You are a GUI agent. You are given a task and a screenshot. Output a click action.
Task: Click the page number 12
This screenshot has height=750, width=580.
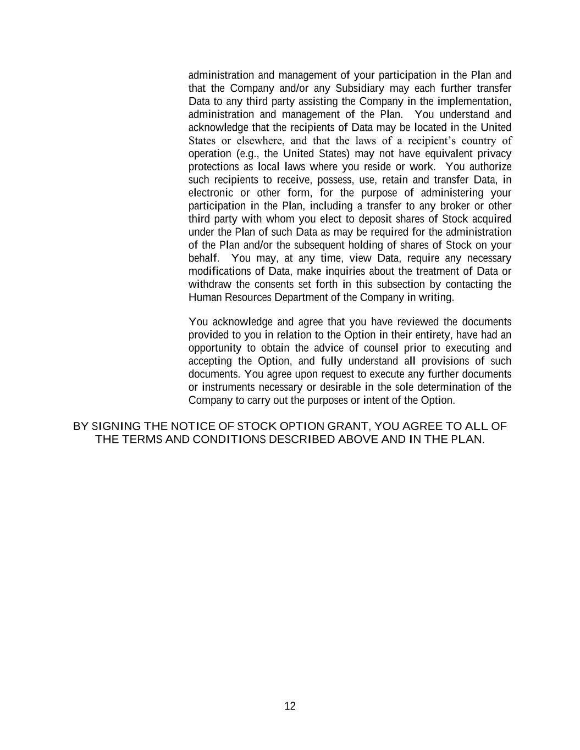(290, 706)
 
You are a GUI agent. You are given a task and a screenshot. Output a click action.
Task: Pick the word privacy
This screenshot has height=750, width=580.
(494, 154)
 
